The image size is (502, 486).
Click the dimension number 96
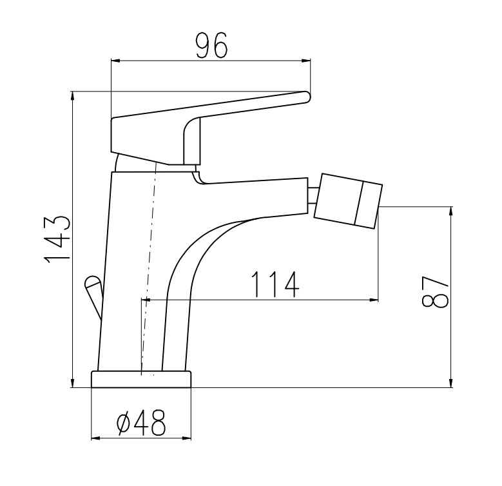tap(211, 46)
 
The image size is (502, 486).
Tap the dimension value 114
tap(275, 284)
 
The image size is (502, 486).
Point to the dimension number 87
tap(434, 291)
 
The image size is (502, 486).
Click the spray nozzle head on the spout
tap(349, 201)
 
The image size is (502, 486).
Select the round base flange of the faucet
tap(141, 379)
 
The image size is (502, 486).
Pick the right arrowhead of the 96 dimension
tap(306, 61)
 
